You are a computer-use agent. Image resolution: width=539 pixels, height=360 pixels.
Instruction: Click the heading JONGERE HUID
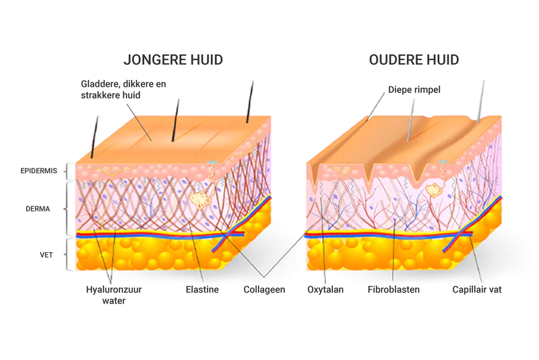tap(173, 61)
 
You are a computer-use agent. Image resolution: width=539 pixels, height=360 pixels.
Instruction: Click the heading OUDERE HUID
tap(414, 61)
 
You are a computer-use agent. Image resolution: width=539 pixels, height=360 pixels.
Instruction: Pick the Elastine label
tap(202, 290)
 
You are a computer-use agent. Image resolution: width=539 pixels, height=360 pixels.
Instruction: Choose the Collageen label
tap(264, 290)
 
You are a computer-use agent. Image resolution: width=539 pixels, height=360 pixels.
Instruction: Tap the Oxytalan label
tap(325, 290)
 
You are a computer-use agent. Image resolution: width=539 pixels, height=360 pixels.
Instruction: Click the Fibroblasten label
tap(393, 290)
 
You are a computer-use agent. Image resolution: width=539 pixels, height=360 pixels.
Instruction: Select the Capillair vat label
tap(477, 290)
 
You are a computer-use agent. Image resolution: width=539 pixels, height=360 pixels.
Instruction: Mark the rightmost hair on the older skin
tap(481, 101)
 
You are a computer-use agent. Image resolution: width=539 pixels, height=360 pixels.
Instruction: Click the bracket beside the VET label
tap(67, 254)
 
